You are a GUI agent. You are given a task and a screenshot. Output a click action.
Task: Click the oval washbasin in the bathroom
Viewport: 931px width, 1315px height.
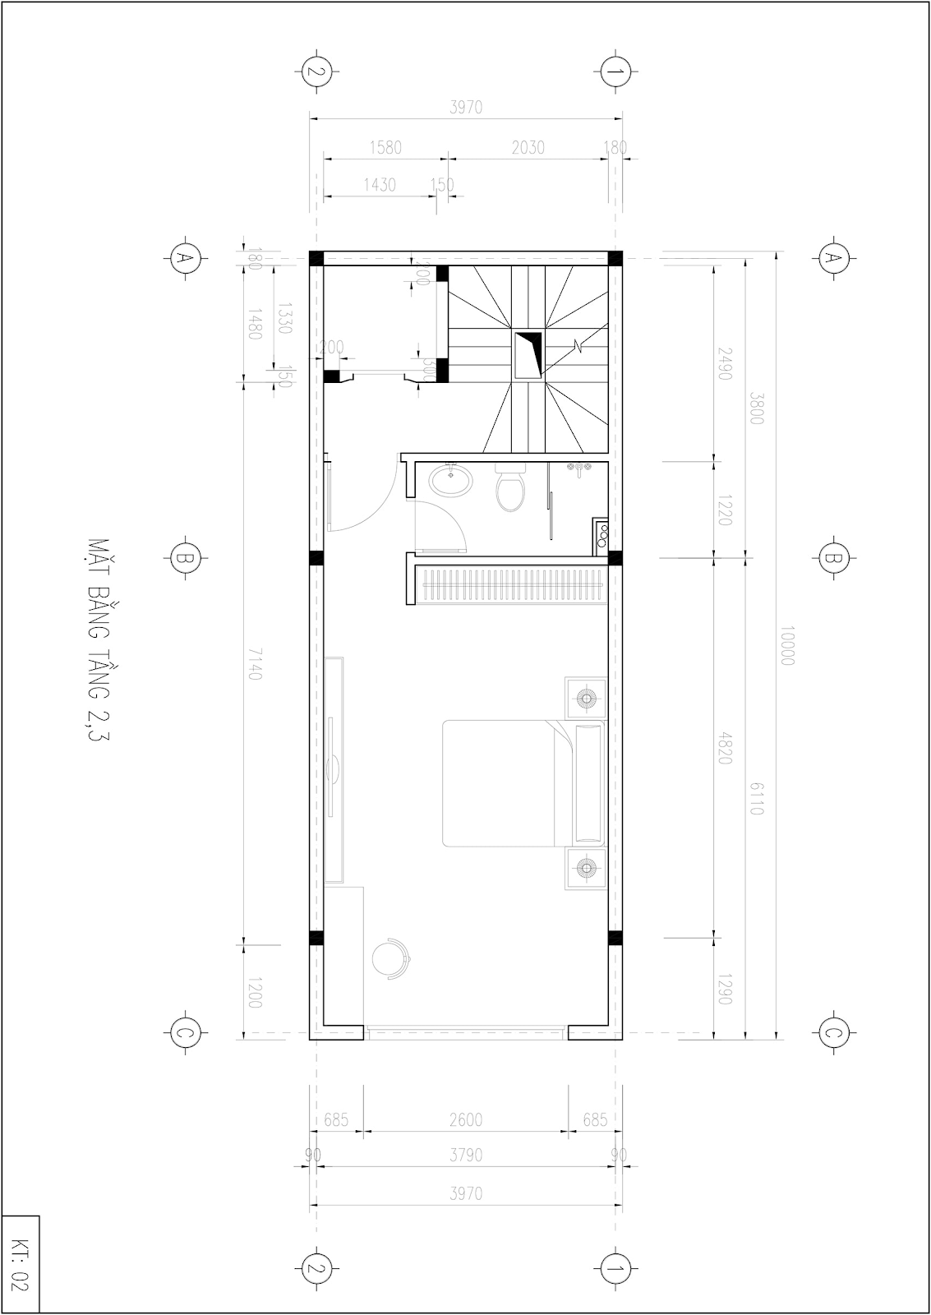[452, 480]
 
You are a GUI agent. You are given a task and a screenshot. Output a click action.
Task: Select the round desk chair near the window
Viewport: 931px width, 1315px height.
[390, 958]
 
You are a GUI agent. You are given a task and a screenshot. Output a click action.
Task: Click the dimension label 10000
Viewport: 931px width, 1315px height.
[786, 645]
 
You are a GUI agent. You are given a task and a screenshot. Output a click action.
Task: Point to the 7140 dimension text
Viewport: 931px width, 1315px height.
[253, 662]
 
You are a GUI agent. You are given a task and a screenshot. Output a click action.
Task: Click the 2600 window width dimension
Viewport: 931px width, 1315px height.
[466, 1119]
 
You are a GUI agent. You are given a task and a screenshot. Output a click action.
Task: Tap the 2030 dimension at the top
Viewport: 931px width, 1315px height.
[528, 147]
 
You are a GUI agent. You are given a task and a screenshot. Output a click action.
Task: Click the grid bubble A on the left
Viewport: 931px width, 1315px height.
[185, 258]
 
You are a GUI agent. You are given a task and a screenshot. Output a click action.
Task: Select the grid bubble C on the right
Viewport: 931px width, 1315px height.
[833, 1033]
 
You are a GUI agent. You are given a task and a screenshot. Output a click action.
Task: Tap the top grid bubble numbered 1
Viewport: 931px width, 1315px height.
[613, 72]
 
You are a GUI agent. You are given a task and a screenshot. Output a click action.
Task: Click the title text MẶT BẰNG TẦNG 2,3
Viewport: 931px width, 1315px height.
[97, 640]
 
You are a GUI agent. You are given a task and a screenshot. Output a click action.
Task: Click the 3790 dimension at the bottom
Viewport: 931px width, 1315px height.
[466, 1155]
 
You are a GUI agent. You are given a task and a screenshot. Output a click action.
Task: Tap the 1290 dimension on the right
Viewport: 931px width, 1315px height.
[724, 988]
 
